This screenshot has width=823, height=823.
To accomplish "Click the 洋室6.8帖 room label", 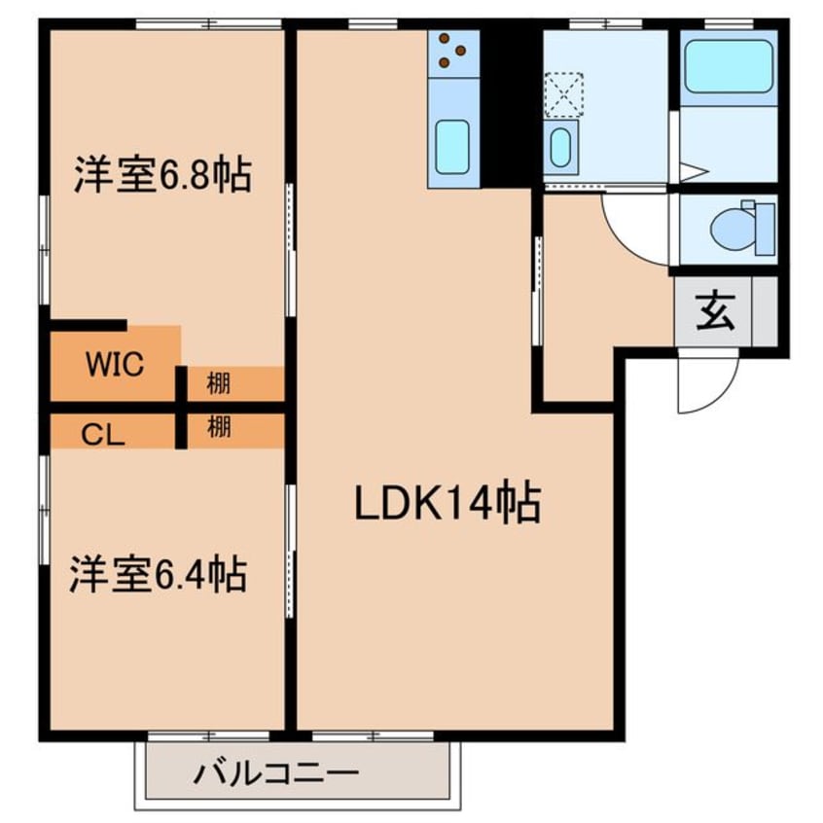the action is click(162, 174).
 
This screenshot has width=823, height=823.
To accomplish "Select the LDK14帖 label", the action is click(447, 502).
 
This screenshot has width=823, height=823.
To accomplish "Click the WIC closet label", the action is click(115, 364).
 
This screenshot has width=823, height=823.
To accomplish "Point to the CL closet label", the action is click(103, 435).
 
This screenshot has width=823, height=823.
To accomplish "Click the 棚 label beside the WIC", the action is click(218, 383).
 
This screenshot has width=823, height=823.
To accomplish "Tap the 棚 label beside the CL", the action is click(219, 427).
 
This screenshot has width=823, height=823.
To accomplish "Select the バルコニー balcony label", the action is click(276, 773).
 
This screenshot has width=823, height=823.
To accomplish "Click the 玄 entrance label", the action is click(715, 311).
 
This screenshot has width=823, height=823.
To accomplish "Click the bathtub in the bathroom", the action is click(729, 67).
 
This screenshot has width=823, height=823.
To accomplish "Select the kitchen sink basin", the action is click(452, 147).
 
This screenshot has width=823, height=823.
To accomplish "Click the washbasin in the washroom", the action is click(560, 148).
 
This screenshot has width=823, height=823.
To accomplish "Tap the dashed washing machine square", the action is click(564, 94).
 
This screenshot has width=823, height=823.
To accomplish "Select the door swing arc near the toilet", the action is click(625, 241).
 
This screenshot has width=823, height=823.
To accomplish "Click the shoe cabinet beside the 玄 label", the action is click(765, 311).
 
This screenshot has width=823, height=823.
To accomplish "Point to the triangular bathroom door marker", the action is click(694, 171).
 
